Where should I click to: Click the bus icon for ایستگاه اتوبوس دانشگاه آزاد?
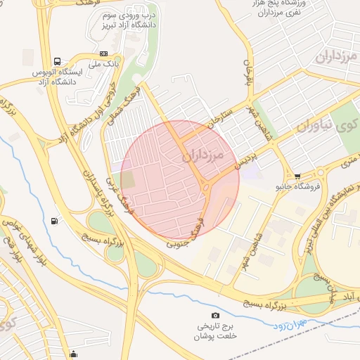56,62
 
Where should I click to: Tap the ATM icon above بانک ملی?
104,53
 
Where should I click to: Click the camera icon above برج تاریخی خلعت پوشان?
215,315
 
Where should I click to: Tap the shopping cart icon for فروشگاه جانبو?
297,176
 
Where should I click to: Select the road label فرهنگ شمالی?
129,99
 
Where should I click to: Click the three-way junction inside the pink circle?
205,186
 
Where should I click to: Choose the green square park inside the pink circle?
128,179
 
